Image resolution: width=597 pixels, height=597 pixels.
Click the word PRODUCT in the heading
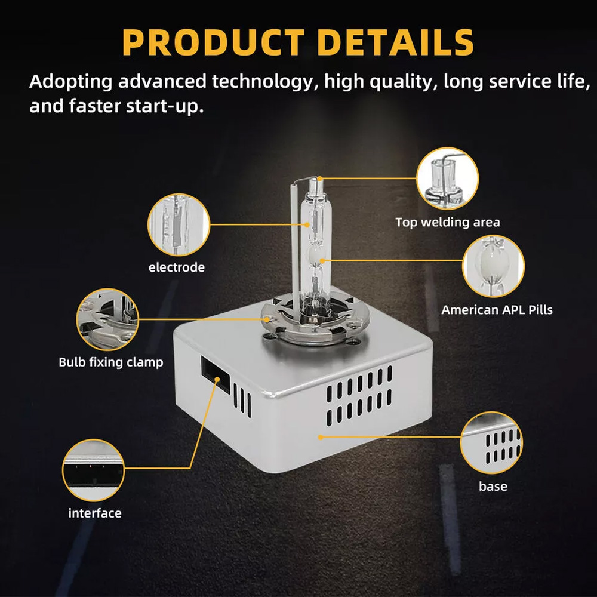click(213, 42)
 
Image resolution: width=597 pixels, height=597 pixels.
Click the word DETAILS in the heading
click(396, 42)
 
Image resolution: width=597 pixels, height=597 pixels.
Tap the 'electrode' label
click(177, 267)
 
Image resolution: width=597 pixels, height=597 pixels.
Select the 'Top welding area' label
click(448, 222)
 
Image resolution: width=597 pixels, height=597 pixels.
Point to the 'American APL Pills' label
click(497, 310)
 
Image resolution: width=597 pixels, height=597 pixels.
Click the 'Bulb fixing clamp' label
click(111, 362)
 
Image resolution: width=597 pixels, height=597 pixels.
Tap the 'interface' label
click(95, 513)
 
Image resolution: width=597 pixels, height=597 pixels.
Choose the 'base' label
click(493, 486)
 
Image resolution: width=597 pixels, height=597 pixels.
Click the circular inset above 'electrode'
click(179, 224)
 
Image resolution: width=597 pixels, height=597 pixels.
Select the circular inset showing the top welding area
click(447, 178)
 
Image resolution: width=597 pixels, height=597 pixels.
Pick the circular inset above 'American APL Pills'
click(494, 266)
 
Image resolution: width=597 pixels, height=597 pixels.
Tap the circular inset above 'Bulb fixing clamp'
click(107, 319)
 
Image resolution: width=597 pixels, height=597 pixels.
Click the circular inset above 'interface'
click(93, 470)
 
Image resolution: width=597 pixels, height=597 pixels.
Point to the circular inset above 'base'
click(491, 443)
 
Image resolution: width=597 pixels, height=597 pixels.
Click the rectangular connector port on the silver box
click(216, 374)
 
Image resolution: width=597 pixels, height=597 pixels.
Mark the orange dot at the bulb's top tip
click(320, 178)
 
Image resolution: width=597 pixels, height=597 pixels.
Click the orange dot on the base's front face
click(321, 437)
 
